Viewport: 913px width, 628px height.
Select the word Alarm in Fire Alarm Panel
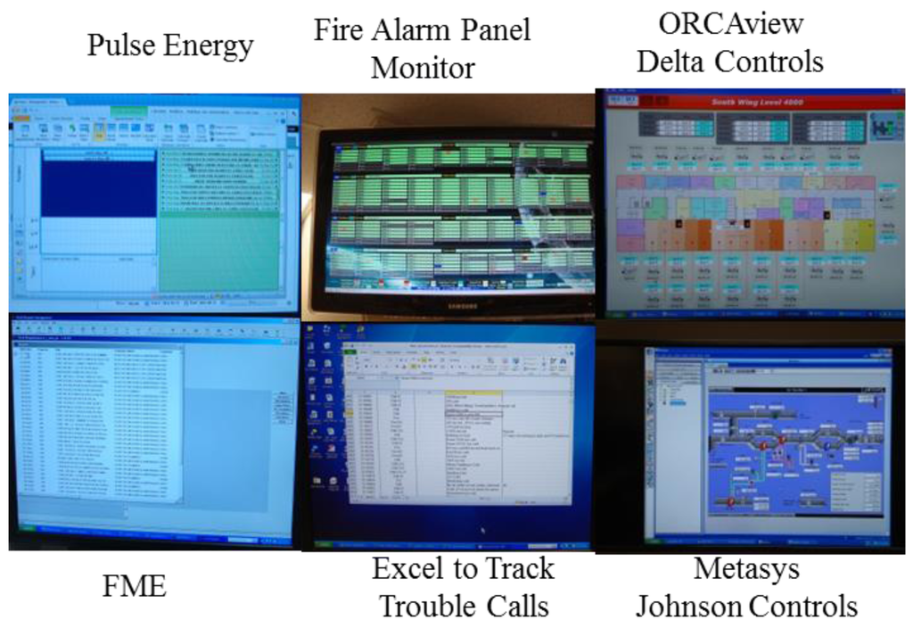click(403, 30)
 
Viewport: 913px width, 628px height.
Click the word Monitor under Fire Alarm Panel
click(423, 68)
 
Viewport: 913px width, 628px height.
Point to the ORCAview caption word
click(730, 24)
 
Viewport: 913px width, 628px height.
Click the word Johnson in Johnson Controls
click(687, 607)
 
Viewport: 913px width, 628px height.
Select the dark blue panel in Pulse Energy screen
click(98, 184)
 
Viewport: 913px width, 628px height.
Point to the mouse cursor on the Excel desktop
click(482, 530)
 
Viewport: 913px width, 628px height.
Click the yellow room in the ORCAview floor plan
click(860, 235)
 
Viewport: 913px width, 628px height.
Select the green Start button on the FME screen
click(27, 539)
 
